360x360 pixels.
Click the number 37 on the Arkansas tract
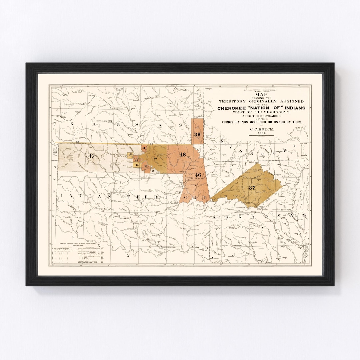252,188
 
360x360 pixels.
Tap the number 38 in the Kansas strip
197,134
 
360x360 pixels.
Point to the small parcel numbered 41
144,148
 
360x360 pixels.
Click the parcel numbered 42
146,165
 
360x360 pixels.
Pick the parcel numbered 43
137,160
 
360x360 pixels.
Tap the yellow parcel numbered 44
131,154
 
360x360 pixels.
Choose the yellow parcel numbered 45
137,165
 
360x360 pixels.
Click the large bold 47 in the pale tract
92,156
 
